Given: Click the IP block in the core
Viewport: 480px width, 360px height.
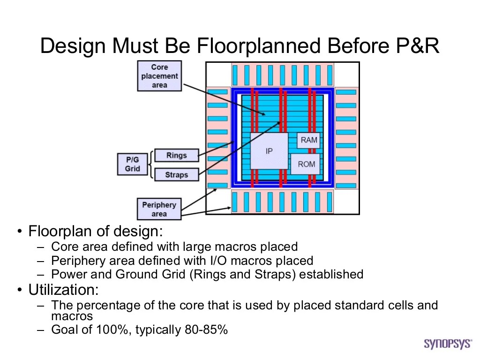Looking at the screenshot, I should pyautogui.click(x=269, y=151).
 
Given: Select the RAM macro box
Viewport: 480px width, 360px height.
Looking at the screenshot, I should pyautogui.click(x=309, y=140).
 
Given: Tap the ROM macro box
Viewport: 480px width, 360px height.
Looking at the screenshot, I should pyautogui.click(x=306, y=164).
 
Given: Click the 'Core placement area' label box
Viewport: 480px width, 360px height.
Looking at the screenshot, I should pyautogui.click(x=159, y=76).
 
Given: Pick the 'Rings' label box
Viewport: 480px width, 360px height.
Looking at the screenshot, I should pyautogui.click(x=176, y=155).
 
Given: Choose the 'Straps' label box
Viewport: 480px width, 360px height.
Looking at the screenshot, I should pyautogui.click(x=176, y=175).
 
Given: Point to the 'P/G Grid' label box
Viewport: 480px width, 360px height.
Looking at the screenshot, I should pyautogui.click(x=132, y=164).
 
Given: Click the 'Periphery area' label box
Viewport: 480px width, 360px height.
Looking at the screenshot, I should pyautogui.click(x=159, y=209).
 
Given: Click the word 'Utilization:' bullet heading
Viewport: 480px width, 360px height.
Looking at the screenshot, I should pyautogui.click(x=64, y=290).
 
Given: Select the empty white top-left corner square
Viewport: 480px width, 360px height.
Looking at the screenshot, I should pyautogui.click(x=218, y=75).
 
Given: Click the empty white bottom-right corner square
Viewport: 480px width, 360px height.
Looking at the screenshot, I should pyautogui.click(x=347, y=202).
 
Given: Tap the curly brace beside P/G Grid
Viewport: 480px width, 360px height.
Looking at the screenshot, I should pyautogui.click(x=149, y=165).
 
